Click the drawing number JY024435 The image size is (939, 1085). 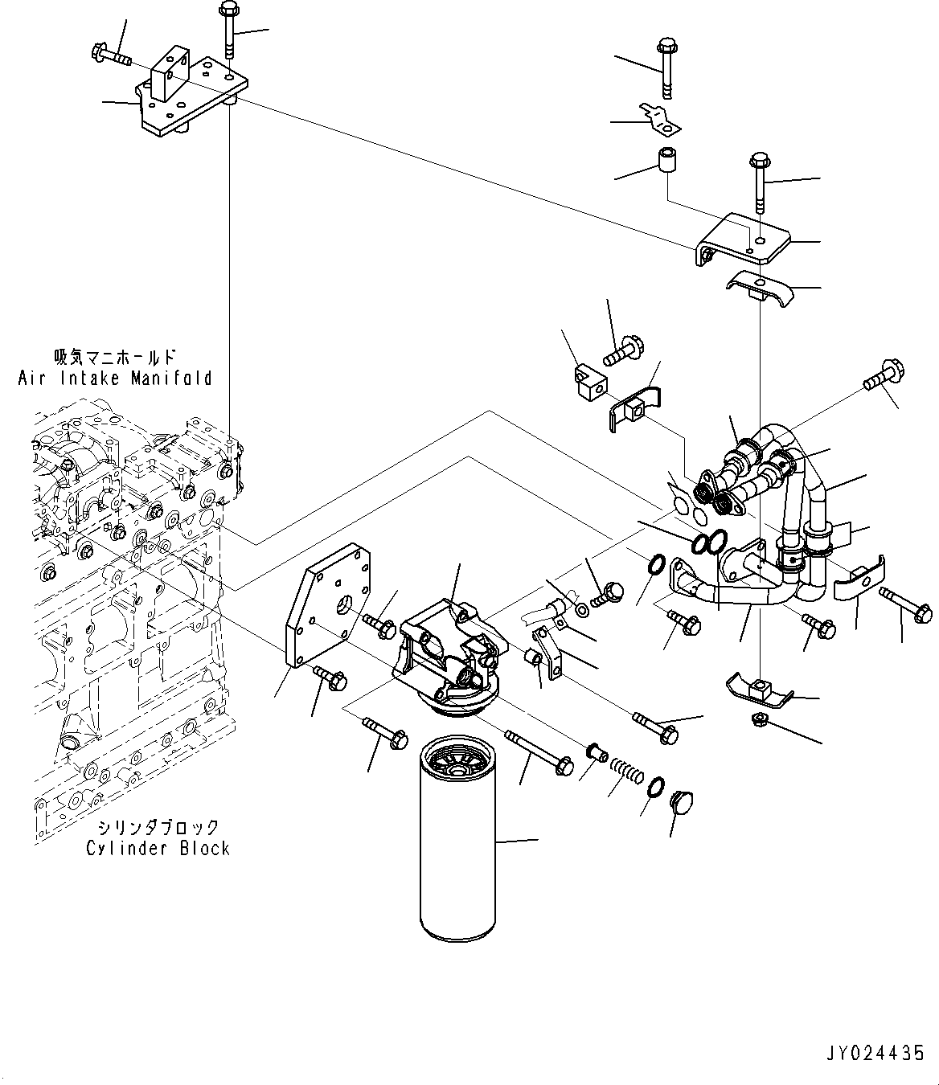[874, 1054]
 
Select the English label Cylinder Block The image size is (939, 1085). [158, 849]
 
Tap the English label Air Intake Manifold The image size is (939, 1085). [115, 378]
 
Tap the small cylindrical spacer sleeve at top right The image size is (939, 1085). [666, 161]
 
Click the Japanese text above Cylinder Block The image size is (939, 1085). [158, 826]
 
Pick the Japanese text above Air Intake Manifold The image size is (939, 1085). [115, 357]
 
